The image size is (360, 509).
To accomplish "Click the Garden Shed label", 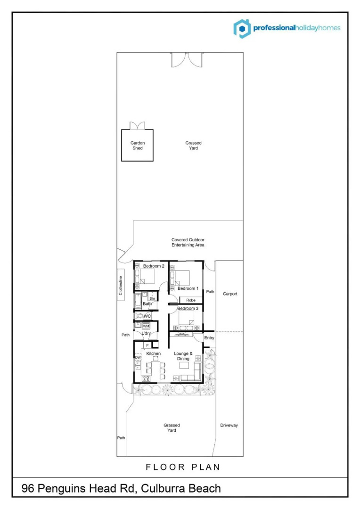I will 137,145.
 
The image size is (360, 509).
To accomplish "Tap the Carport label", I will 230,294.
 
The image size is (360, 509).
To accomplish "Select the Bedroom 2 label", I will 154,266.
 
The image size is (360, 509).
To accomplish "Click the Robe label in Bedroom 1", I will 191,300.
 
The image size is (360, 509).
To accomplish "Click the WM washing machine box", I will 146,326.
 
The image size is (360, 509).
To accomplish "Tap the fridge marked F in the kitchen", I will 147,345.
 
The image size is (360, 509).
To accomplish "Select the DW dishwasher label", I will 138,358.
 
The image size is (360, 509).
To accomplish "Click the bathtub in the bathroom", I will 138,300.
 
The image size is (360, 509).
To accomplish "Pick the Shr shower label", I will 152,299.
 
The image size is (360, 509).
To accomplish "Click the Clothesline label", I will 121,286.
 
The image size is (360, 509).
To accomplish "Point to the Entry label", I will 209,338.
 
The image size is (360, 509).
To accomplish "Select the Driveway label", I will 229,426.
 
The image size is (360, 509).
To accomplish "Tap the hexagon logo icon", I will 242,28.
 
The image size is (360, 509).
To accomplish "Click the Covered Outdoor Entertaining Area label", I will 188,242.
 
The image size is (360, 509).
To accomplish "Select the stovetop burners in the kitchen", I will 147,378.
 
